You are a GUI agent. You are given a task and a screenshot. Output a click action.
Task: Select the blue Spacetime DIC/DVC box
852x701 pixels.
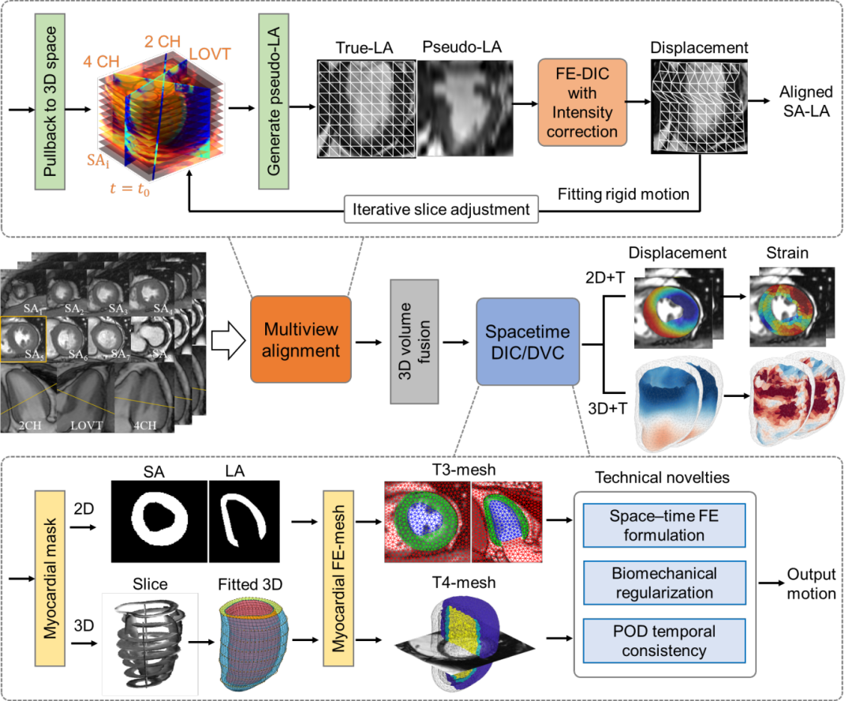528,341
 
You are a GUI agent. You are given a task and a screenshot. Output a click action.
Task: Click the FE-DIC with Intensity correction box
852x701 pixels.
582,103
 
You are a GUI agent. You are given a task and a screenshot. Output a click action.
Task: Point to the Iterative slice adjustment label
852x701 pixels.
442,211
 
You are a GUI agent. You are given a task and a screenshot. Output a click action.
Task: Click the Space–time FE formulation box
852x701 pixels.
663,525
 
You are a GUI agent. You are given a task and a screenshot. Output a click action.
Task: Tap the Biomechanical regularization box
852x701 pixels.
663,583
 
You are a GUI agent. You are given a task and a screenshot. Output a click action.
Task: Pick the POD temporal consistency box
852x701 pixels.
663,640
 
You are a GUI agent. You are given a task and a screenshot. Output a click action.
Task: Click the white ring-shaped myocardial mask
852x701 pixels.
160,519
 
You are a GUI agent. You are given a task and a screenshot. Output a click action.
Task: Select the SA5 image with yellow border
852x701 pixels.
24,339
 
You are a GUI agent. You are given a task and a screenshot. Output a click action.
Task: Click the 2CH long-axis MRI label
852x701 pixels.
32,425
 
